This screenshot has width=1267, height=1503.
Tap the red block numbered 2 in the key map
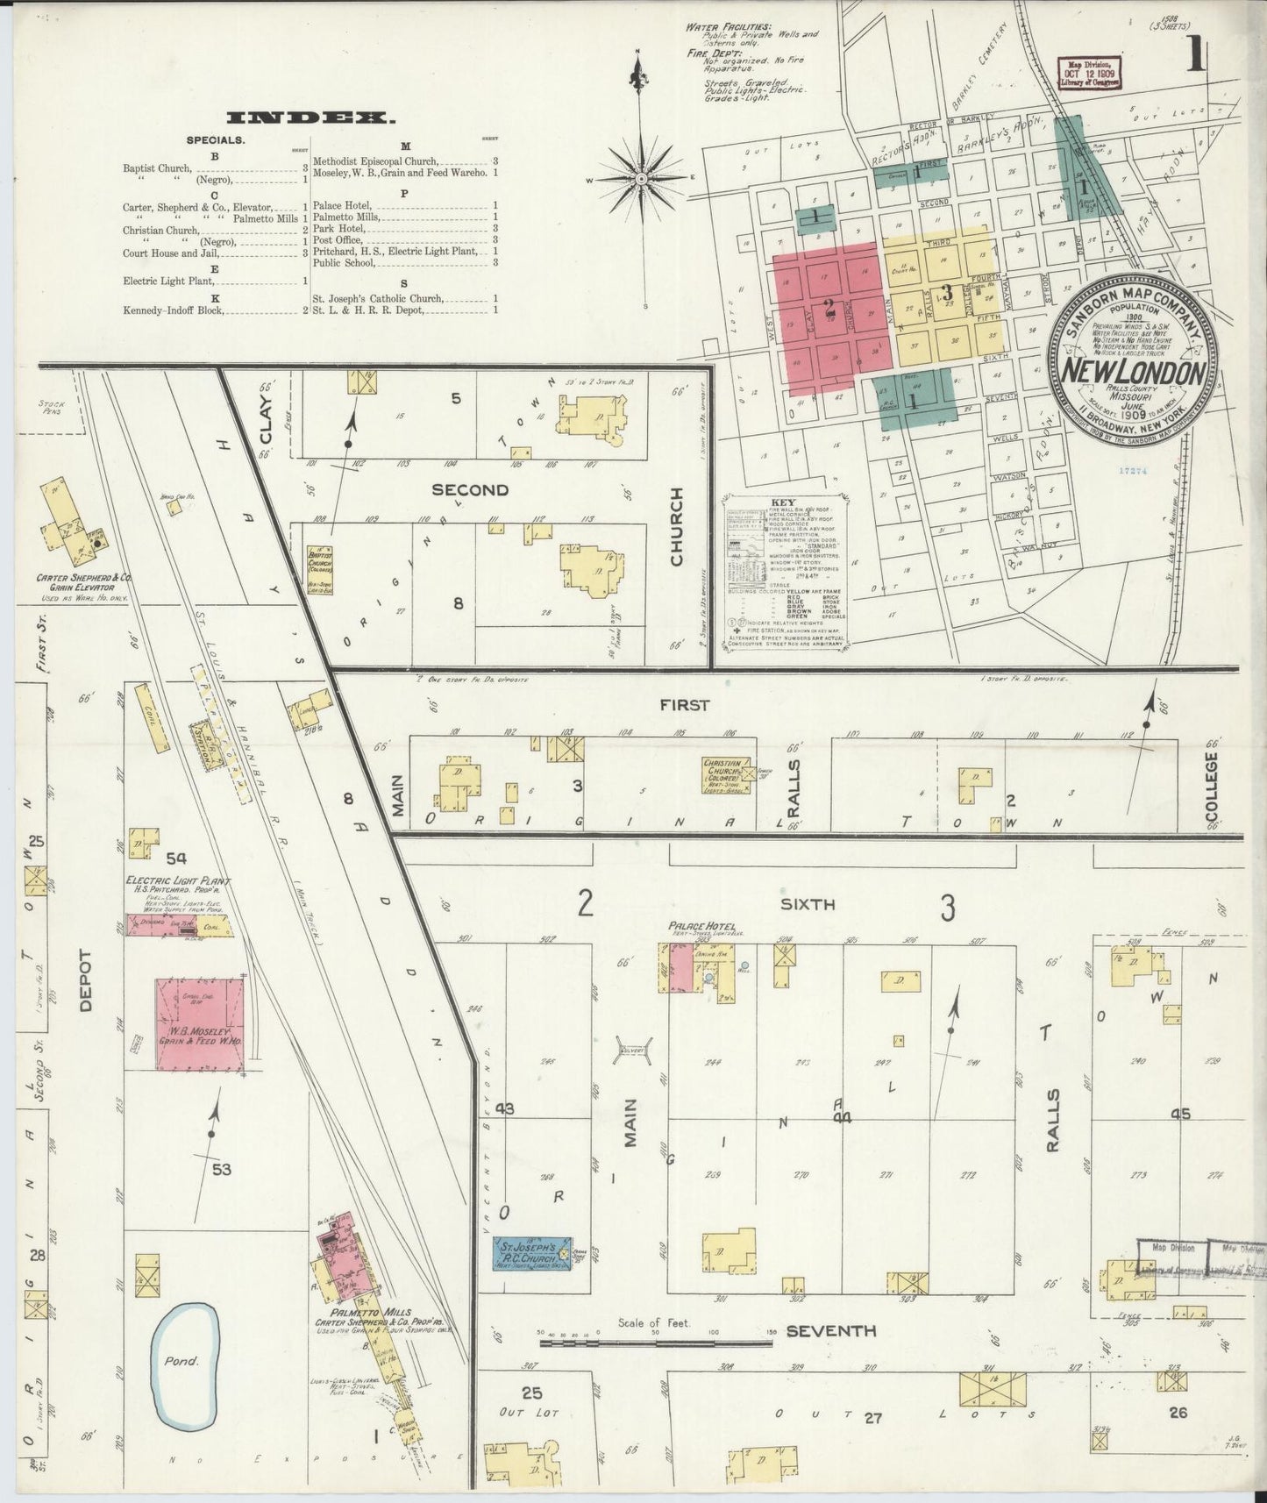(828, 308)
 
